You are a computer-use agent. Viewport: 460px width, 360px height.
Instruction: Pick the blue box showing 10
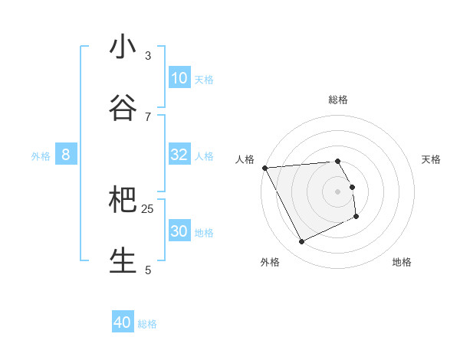[179, 78]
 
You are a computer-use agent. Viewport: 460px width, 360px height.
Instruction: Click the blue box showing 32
[179, 155]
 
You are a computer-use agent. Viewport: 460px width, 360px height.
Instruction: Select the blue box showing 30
[179, 231]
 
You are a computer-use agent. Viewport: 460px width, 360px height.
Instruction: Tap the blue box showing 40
[123, 322]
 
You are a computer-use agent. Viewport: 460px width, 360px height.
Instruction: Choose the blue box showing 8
[66, 155]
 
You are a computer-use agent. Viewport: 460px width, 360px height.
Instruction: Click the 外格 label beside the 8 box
[41, 156]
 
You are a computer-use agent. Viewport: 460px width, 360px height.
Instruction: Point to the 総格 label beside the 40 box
[147, 324]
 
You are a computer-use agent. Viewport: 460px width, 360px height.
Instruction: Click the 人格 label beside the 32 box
[204, 156]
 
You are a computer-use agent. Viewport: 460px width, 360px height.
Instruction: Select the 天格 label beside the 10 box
[204, 80]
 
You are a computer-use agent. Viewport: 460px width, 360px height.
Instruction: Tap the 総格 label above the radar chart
[338, 100]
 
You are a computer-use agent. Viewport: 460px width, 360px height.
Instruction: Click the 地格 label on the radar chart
[402, 262]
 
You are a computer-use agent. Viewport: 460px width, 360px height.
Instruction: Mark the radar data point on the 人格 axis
[264, 168]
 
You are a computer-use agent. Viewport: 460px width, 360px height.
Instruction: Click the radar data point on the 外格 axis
[301, 242]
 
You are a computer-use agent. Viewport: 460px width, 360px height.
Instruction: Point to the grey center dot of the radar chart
[338, 191]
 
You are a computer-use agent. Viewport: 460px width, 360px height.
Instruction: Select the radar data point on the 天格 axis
[353, 187]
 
